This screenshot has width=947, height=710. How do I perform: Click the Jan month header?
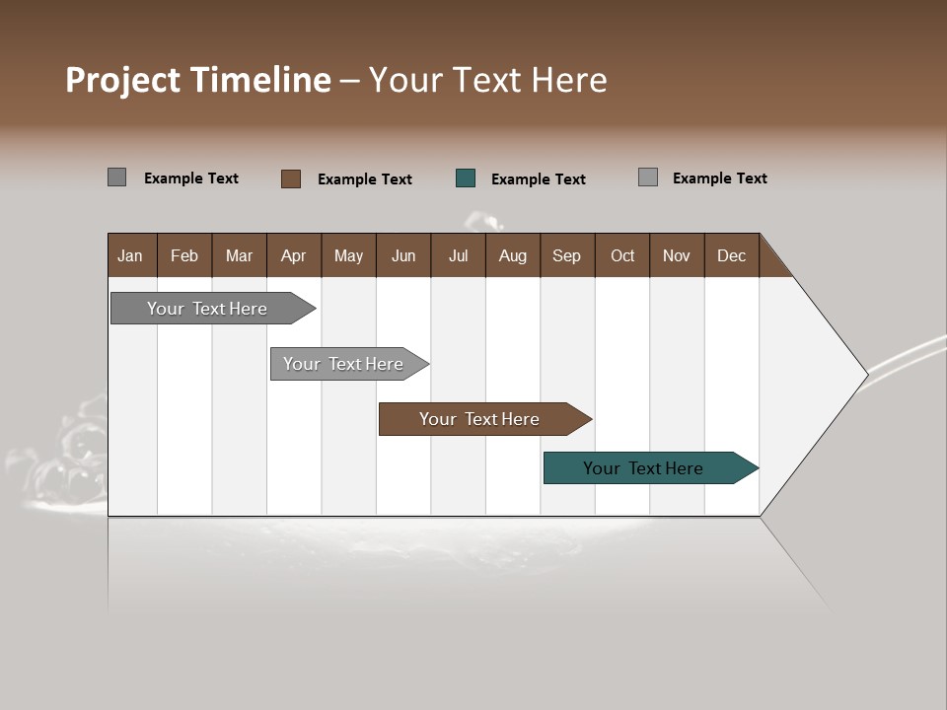pyautogui.click(x=130, y=255)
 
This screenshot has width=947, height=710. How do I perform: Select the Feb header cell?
pyautogui.click(x=184, y=255)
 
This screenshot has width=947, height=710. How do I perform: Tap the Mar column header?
pyautogui.click(x=239, y=255)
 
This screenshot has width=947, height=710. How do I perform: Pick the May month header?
pyautogui.click(x=348, y=255)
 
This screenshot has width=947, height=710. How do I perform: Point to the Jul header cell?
pyautogui.click(x=458, y=255)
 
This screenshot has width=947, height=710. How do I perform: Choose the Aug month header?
pyautogui.click(x=512, y=255)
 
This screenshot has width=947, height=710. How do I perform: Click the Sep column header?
pyautogui.click(x=566, y=255)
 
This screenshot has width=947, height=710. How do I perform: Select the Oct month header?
pyautogui.click(x=622, y=255)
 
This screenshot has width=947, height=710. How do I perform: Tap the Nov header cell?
pyautogui.click(x=677, y=255)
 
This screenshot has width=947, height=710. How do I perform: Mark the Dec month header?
pyautogui.click(x=731, y=255)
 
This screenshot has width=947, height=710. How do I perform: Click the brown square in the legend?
pyautogui.click(x=291, y=178)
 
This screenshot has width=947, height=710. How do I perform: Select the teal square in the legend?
pyautogui.click(x=466, y=178)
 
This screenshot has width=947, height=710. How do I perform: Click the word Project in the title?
pyautogui.click(x=123, y=80)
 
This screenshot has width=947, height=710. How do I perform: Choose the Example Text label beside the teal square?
pyautogui.click(x=538, y=179)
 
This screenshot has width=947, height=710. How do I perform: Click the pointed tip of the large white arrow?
pyautogui.click(x=865, y=374)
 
